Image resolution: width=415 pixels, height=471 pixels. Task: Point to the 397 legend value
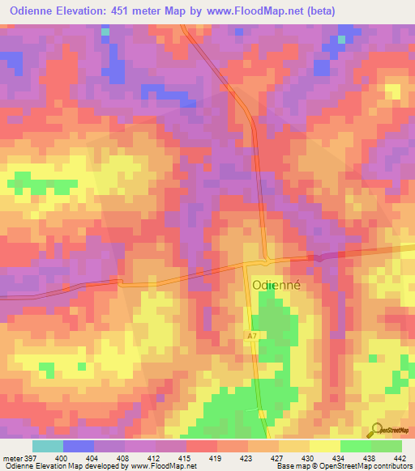point(29,457)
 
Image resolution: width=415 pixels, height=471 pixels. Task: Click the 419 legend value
point(216,457)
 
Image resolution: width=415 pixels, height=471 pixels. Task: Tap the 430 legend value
point(309,457)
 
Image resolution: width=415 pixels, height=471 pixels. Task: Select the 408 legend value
point(124,457)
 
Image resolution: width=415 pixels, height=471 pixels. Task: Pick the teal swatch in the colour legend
point(48,446)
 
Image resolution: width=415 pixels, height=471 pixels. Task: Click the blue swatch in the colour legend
point(79,446)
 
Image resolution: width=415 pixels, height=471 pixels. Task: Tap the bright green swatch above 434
point(355,446)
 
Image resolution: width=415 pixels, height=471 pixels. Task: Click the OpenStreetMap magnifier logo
point(375,431)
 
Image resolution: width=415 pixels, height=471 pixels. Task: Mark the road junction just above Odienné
point(266,261)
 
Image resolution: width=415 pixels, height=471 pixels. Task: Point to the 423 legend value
point(247,457)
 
